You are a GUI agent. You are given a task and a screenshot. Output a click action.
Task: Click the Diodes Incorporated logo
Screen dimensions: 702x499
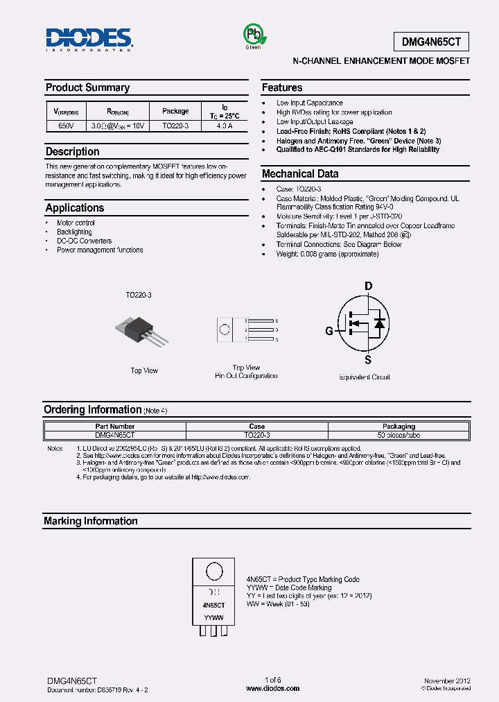click(89, 40)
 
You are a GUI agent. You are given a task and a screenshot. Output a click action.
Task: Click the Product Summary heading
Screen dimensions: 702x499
click(87, 87)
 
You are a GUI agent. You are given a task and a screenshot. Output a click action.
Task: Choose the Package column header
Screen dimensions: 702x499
click(175, 111)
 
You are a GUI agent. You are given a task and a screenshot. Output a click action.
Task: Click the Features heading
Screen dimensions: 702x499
click(282, 87)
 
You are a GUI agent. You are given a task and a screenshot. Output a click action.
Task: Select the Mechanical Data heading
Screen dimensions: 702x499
click(300, 174)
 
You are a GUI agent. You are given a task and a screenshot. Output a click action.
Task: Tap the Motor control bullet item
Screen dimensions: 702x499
click(76, 223)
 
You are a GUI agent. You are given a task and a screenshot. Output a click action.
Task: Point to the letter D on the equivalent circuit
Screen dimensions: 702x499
click(369, 286)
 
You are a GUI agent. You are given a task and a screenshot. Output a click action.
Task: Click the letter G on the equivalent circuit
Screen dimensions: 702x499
click(329, 331)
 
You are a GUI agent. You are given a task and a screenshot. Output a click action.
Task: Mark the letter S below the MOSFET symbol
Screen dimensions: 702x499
click(369, 360)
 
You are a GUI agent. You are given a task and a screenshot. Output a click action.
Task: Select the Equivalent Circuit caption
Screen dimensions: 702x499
click(365, 377)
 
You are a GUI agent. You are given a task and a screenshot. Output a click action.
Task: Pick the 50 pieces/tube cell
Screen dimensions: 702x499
click(399, 435)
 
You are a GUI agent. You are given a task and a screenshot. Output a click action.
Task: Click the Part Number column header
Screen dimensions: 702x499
click(115, 426)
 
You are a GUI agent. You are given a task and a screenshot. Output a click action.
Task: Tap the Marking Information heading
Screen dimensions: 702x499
click(91, 521)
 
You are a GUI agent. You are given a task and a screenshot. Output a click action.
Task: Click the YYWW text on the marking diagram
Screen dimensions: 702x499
click(213, 617)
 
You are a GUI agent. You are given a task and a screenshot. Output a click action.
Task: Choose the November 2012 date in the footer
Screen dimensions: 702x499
click(447, 681)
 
